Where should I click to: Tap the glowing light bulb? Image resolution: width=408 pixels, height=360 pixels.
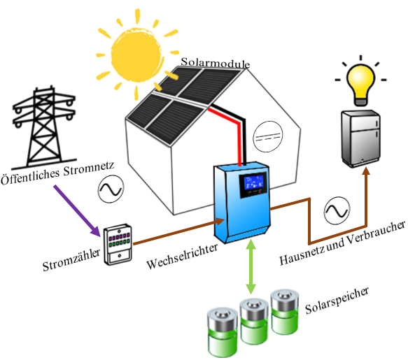(x=362, y=81)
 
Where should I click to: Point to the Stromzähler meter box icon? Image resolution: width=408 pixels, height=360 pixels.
(x=119, y=244)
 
